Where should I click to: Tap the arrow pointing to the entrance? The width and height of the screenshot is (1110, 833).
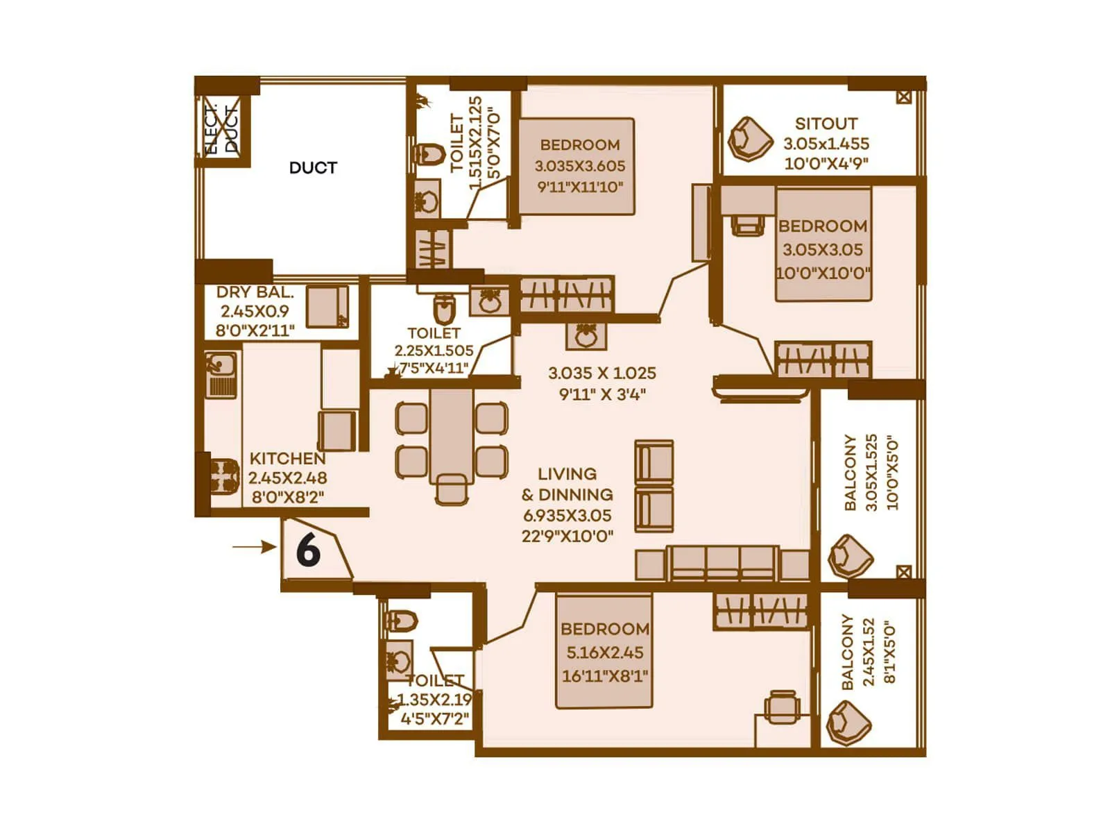(254, 547)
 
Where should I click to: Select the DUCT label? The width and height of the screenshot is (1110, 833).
(313, 168)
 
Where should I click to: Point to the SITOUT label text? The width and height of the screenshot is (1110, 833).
(826, 124)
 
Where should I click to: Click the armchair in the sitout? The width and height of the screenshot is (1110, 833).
(750, 139)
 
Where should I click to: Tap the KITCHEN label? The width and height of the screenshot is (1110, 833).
(287, 459)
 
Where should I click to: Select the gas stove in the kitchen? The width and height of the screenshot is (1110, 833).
(223, 476)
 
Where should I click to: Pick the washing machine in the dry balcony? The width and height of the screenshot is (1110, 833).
(328, 306)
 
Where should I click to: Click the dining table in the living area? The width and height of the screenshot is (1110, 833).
(452, 436)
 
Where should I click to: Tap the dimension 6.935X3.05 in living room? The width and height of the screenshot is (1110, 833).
(567, 516)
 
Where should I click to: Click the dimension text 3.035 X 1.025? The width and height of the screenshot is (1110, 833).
(601, 373)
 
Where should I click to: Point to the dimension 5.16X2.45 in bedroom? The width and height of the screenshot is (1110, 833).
(604, 653)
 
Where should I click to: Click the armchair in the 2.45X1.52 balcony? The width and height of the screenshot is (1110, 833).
(848, 723)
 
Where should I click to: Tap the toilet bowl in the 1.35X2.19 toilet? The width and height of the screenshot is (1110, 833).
(401, 621)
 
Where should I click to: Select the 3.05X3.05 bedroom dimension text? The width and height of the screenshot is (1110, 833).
(823, 250)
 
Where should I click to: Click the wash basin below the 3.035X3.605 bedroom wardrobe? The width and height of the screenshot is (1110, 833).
(586, 336)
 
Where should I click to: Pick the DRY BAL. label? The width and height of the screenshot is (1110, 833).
(255, 292)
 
